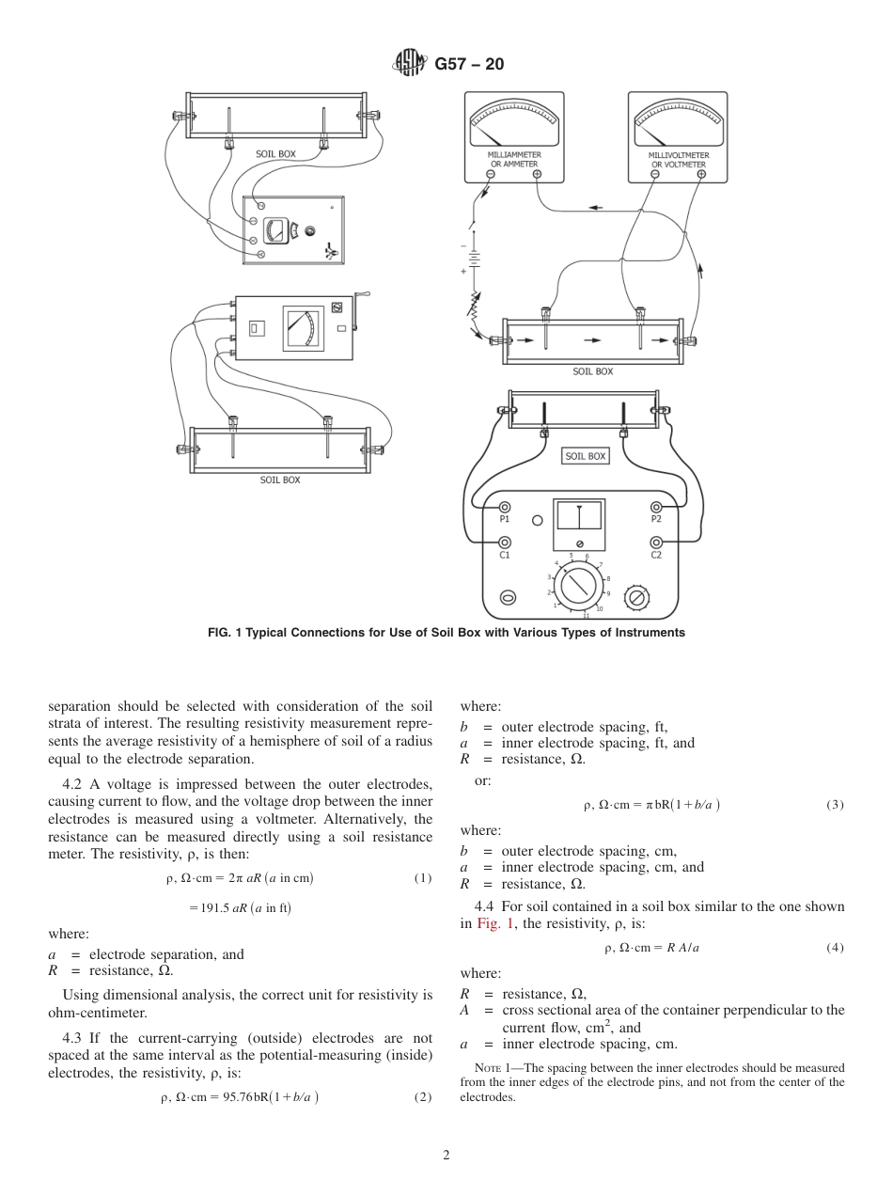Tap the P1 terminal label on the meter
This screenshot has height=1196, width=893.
(x=504, y=519)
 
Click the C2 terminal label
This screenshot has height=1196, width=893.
(x=656, y=556)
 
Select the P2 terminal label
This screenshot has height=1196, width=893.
(x=656, y=519)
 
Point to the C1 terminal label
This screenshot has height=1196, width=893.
(x=504, y=556)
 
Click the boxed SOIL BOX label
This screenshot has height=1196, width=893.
(x=586, y=456)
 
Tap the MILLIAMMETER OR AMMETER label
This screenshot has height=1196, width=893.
(x=513, y=159)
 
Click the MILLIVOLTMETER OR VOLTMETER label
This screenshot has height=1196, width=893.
(x=679, y=160)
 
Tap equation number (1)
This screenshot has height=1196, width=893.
(x=422, y=878)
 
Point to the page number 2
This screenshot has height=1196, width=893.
(x=446, y=1156)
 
